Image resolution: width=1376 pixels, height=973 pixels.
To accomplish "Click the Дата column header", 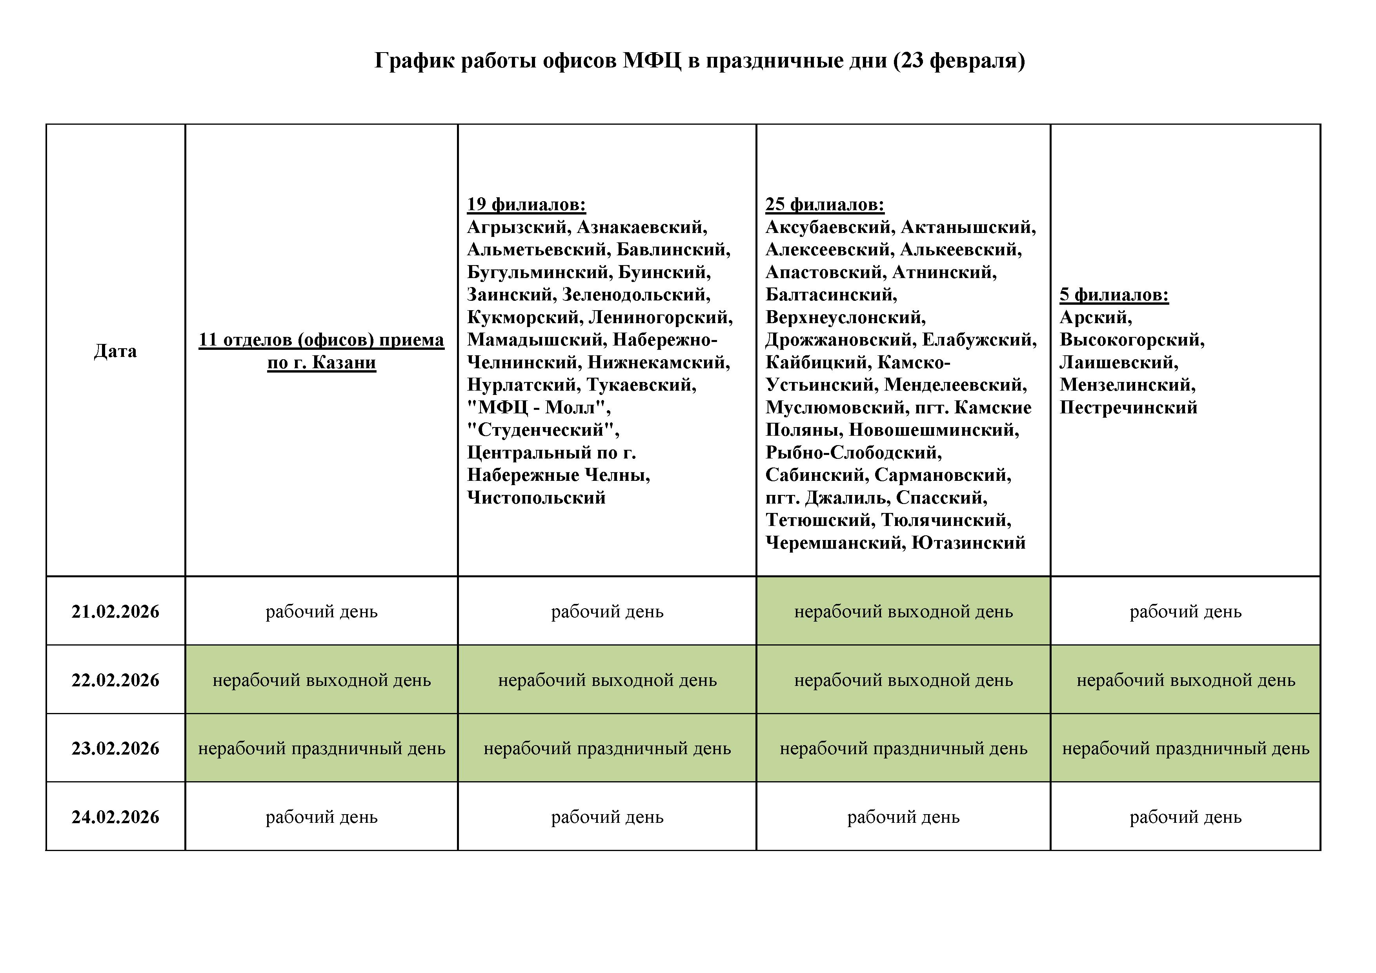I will (115, 351).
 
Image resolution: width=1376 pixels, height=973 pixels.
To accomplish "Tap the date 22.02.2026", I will (115, 680).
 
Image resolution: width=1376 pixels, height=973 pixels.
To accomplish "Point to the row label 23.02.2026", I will (115, 748).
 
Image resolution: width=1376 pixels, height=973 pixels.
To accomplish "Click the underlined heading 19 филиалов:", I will (526, 204).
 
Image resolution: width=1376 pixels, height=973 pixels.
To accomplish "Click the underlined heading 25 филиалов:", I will (825, 204).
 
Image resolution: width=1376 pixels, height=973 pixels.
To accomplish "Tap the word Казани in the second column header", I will (344, 362).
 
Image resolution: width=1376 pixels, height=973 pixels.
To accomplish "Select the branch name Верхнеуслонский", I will (845, 317).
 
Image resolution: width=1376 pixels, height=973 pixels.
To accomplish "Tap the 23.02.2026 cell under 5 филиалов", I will (1185, 748).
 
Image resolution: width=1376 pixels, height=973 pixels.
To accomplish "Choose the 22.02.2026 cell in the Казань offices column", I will (322, 680).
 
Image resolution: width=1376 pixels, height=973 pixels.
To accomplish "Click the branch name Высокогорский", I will (1132, 340).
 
